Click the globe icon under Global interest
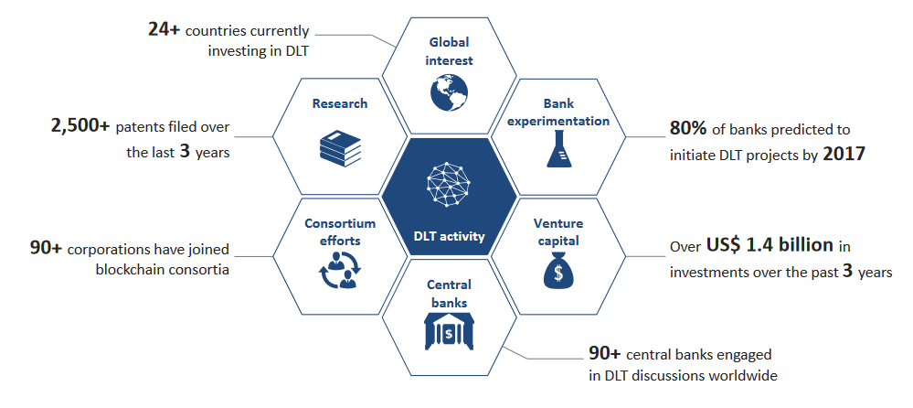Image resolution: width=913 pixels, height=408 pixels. coord(449,92)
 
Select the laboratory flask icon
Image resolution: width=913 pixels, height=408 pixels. coord(558,148)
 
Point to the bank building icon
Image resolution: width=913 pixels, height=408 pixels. coord(449,332)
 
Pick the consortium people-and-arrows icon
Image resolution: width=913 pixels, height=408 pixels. coord(340,271)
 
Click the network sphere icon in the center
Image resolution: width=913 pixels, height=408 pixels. coord(449,184)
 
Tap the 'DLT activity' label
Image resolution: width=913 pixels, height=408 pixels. coord(449,237)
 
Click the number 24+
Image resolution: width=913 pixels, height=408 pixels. coord(164,30)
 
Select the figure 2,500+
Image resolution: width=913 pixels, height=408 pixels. coord(80,127)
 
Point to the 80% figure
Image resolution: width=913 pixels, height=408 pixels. coord(688,128)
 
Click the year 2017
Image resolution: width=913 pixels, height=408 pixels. coord(844,155)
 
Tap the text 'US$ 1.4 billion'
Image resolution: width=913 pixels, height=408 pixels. coord(770,245)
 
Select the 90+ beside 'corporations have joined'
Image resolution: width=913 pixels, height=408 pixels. coord(47,249)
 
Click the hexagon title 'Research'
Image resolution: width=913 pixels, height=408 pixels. coord(340,103)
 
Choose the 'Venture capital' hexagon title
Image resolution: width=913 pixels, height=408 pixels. coord(558,232)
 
